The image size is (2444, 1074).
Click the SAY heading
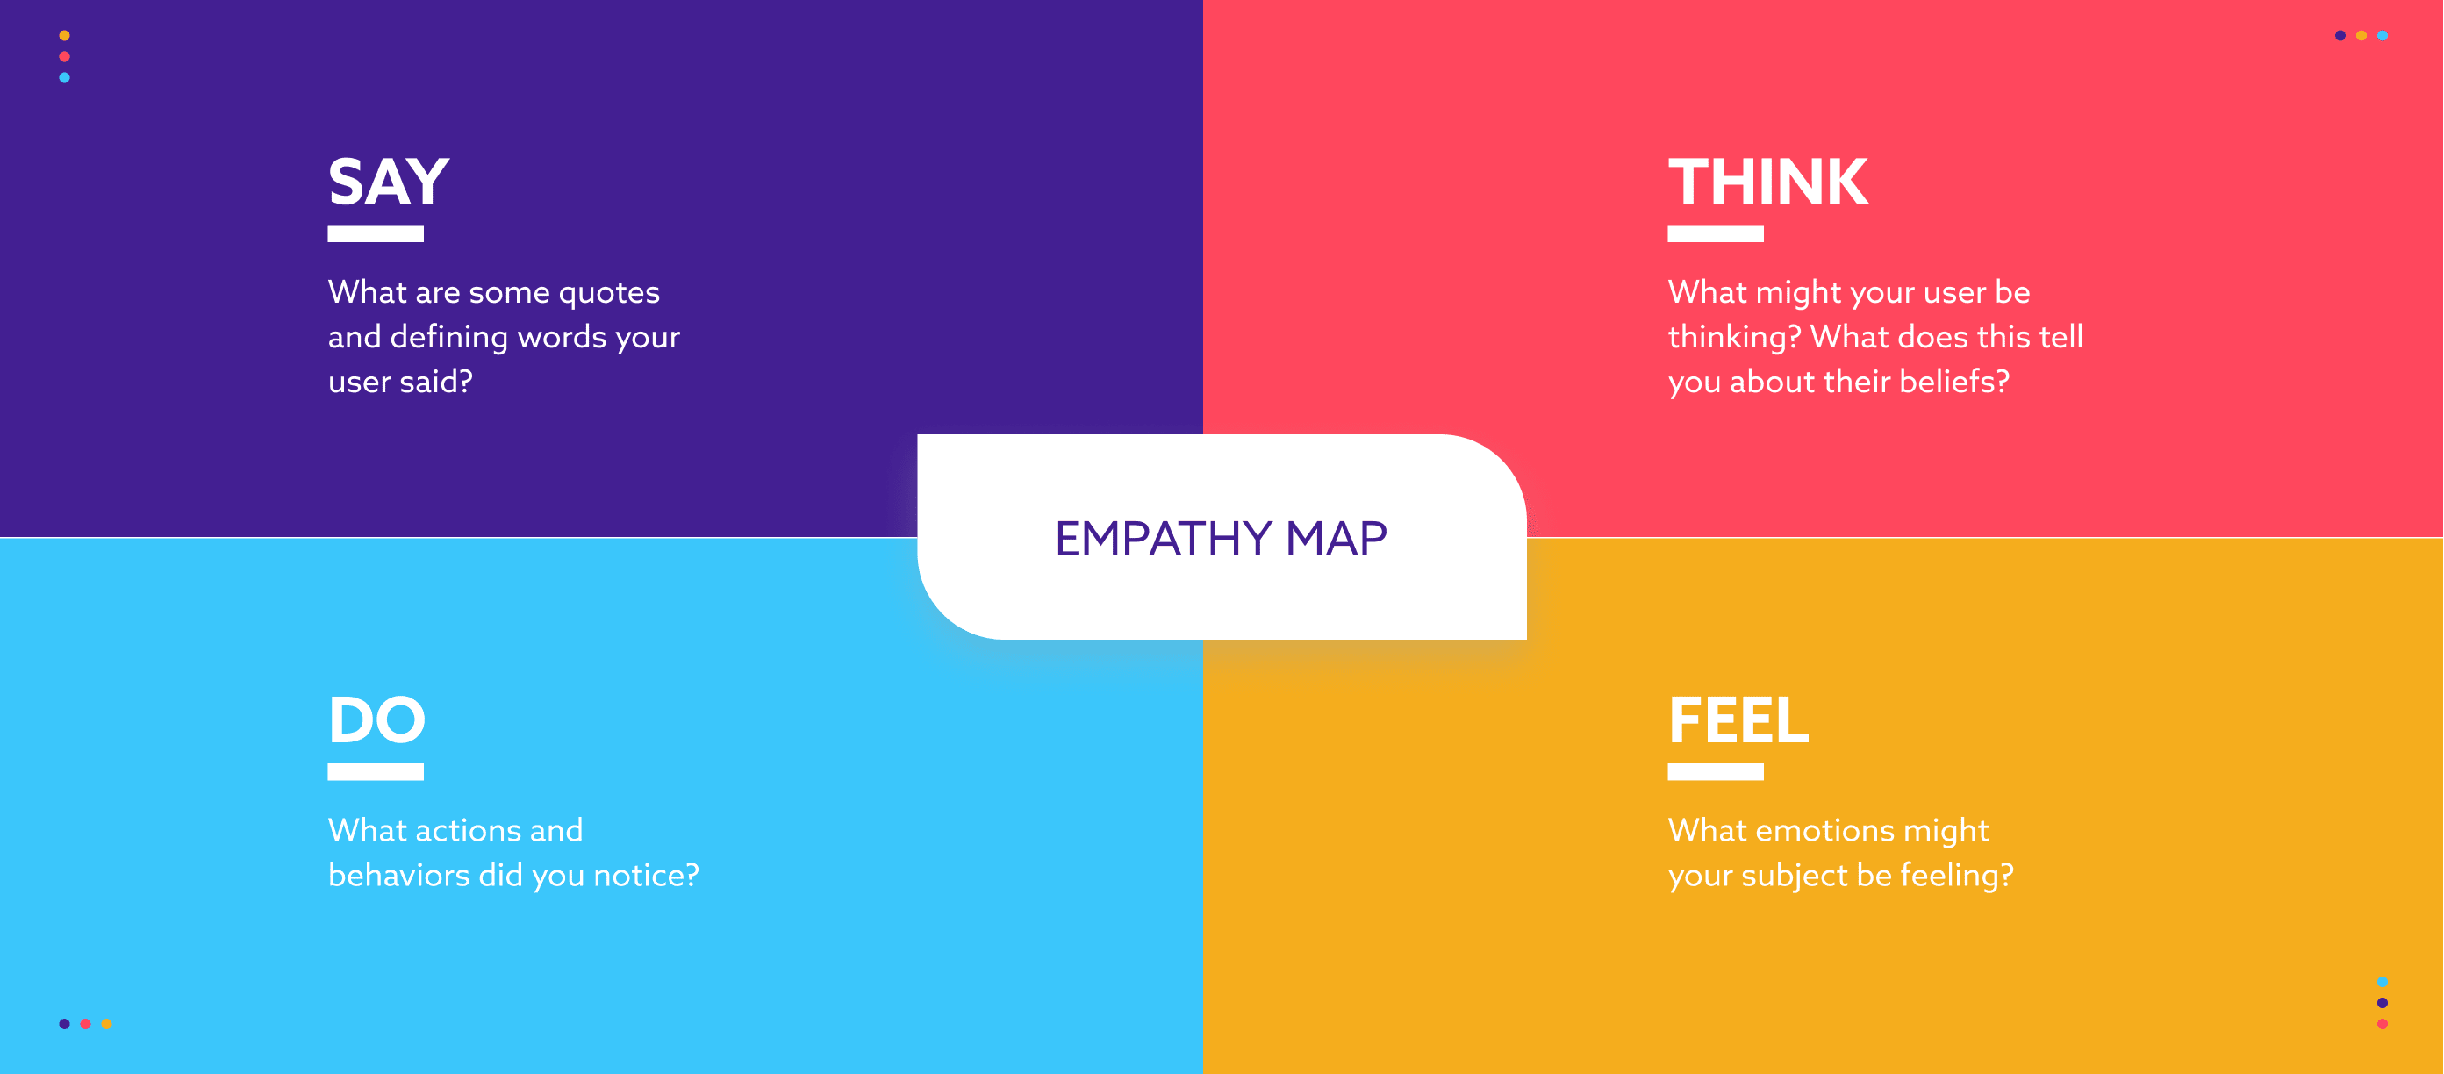[x=389, y=182]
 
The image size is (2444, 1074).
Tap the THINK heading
[x=1768, y=182]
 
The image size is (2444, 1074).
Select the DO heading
[x=376, y=720]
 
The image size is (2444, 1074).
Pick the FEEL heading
[x=1738, y=720]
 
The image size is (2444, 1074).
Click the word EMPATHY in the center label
[x=1163, y=538]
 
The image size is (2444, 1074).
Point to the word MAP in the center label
[x=1336, y=538]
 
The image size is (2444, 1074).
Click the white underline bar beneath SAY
[x=376, y=233]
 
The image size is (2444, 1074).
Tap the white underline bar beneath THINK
[x=1716, y=233]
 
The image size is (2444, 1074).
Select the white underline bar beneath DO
[x=376, y=772]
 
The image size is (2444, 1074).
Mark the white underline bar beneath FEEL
[x=1716, y=772]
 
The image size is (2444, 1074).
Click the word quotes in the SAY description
[x=609, y=293]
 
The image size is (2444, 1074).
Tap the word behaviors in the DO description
[x=398, y=875]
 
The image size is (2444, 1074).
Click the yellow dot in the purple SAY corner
[x=65, y=36]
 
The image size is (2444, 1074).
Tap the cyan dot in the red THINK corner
[x=2383, y=36]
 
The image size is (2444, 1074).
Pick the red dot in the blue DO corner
[x=85, y=1024]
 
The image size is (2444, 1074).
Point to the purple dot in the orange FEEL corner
[x=2383, y=1003]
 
